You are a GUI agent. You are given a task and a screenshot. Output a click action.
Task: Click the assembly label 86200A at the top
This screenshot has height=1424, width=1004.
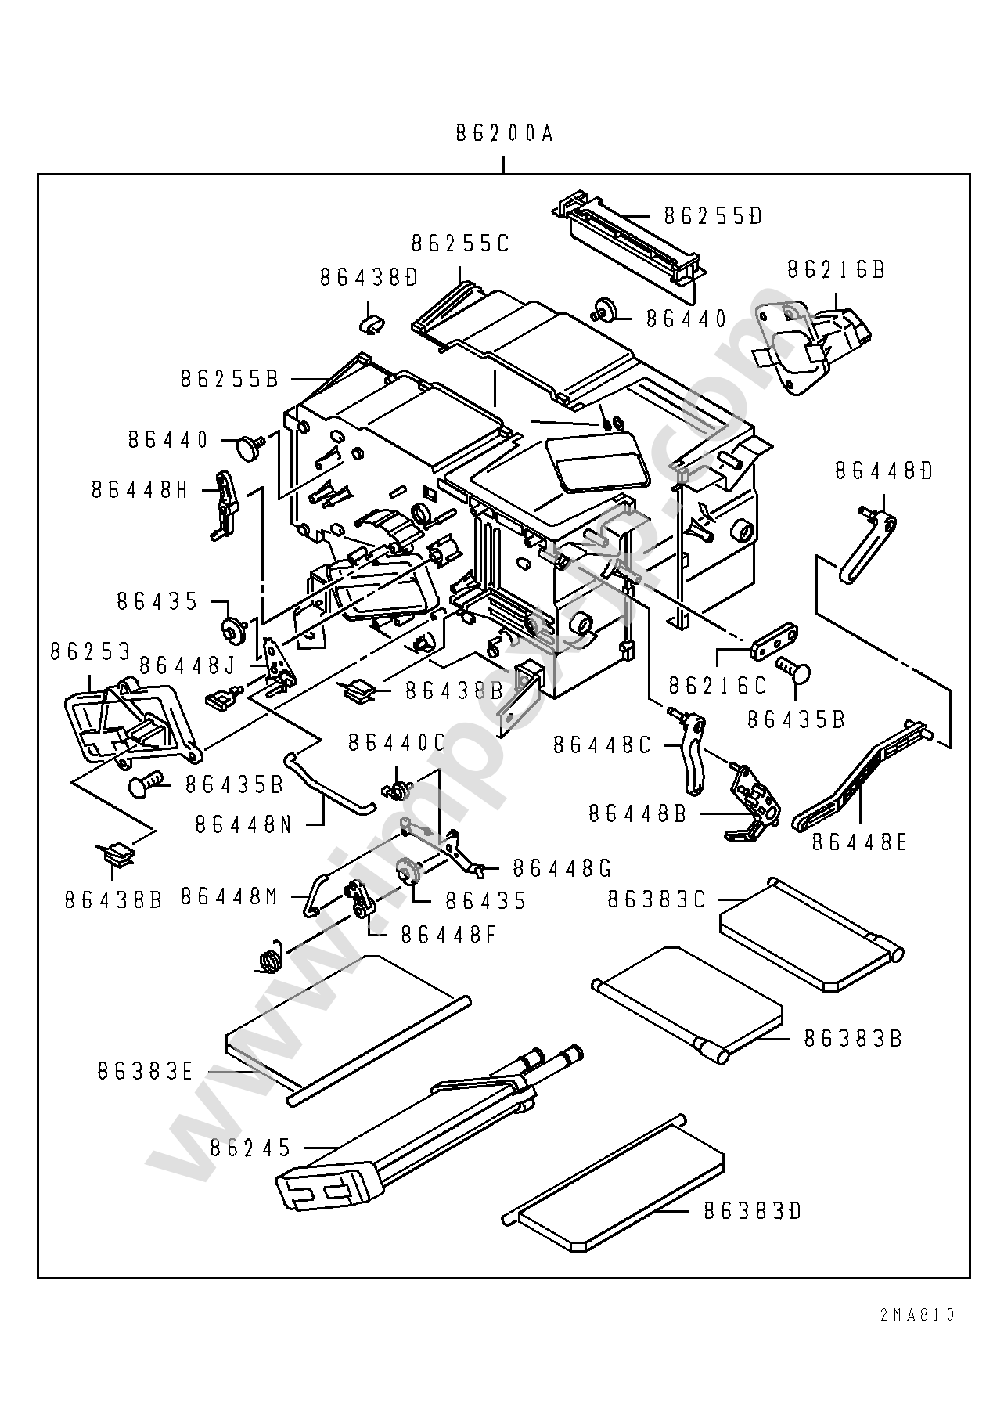coord(504,134)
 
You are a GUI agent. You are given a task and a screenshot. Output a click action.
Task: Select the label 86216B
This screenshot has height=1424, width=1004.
coord(836,269)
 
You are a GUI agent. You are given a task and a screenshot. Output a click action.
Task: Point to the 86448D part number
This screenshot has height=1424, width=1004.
coord(883,470)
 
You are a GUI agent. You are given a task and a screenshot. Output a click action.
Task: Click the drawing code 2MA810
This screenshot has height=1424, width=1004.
coord(916,1315)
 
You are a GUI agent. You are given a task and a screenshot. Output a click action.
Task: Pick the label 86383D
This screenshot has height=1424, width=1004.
coord(752,1211)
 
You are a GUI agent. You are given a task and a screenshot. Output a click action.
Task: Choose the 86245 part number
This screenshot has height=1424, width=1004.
coord(250,1148)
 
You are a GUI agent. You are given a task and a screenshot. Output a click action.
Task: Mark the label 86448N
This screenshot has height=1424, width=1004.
coord(243,824)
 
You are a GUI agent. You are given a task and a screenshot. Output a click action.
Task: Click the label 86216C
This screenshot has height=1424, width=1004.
coord(718,685)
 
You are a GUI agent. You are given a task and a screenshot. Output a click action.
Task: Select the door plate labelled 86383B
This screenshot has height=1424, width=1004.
coord(689,1004)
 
